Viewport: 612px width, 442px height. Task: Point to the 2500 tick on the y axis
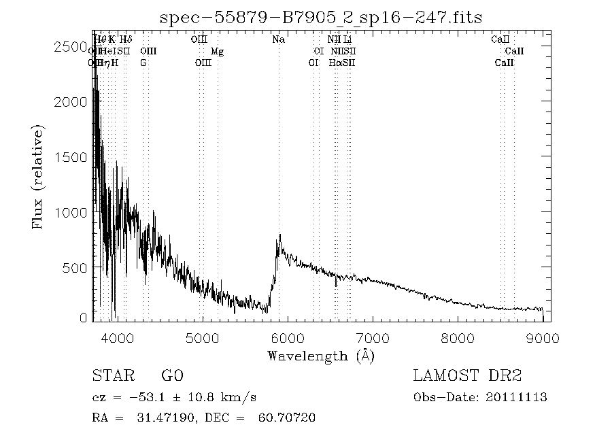(x=71, y=46)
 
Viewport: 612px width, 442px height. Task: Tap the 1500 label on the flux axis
(x=71, y=157)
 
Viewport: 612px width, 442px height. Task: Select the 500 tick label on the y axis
(x=75, y=268)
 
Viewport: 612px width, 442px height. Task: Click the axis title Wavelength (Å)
(x=321, y=356)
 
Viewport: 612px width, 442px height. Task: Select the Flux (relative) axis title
(x=39, y=177)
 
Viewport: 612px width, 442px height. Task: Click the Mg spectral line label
(x=217, y=52)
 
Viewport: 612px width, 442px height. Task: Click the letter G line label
(x=143, y=63)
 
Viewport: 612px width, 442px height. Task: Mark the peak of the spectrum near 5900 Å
(x=279, y=235)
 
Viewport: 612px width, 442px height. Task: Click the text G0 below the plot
(x=172, y=376)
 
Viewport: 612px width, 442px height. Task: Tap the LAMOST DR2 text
(x=467, y=376)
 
